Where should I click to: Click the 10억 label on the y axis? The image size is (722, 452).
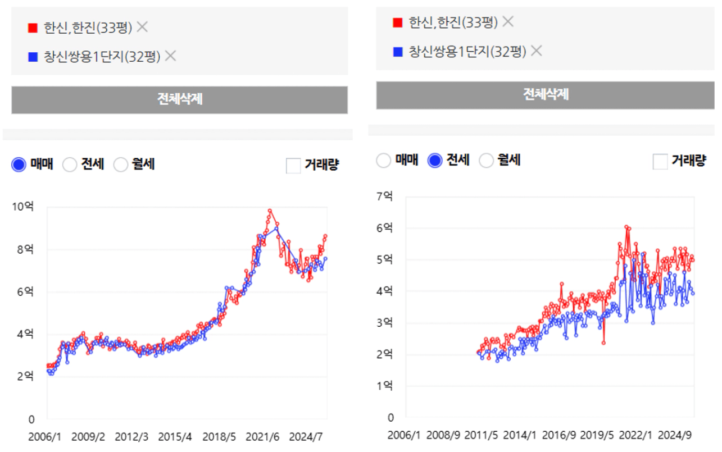23,207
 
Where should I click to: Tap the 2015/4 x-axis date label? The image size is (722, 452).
175,436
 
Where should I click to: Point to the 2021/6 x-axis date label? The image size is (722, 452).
262,436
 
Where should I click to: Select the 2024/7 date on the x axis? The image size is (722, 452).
306,436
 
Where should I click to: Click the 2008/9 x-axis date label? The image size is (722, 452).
443,435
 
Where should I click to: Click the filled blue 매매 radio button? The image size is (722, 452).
19,165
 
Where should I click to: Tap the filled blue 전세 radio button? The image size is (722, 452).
435,161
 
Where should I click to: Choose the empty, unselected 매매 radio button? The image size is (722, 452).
383,161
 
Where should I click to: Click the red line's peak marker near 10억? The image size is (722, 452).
270,211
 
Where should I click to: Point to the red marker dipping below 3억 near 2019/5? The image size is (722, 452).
603,343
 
